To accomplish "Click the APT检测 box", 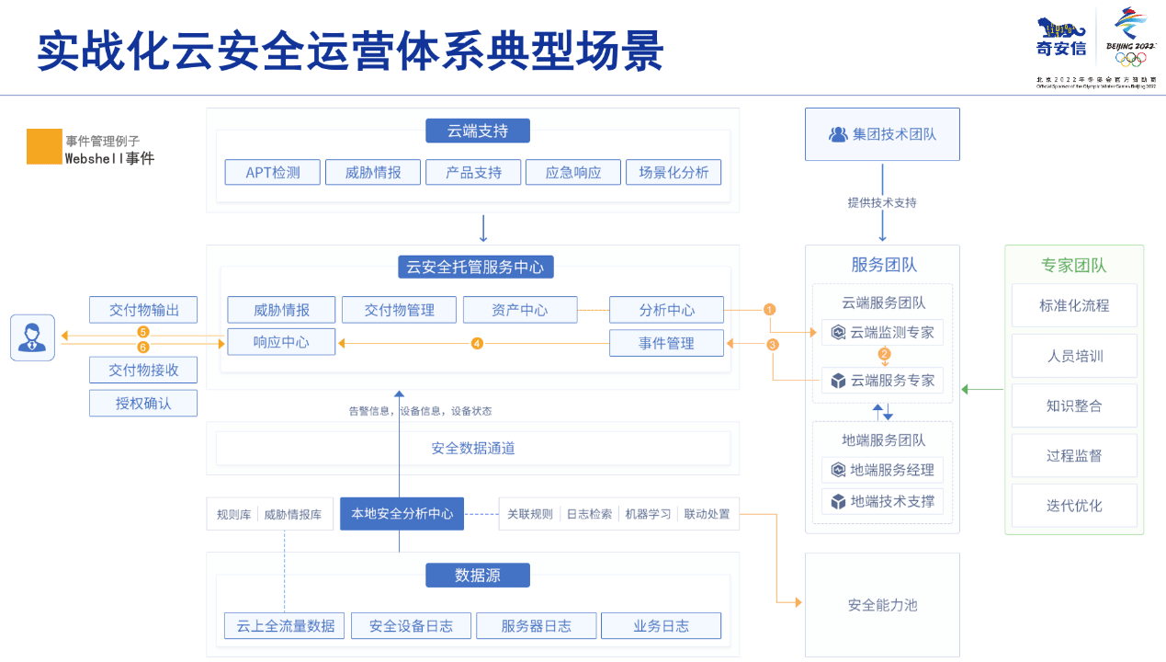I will pyautogui.click(x=273, y=172).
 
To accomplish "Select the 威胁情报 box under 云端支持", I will pyautogui.click(x=373, y=172).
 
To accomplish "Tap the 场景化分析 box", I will pyautogui.click(x=674, y=172).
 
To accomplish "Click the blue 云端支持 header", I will pyautogui.click(x=478, y=131).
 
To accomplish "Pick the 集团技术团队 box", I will pyautogui.click(x=882, y=134).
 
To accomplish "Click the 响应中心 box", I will pyautogui.click(x=281, y=342).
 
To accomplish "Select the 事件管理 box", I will pyautogui.click(x=666, y=343).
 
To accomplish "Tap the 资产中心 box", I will pyautogui.click(x=520, y=310).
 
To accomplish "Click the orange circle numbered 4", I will pyautogui.click(x=477, y=343).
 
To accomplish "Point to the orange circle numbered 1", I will pyautogui.click(x=770, y=310).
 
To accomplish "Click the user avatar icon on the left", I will pyautogui.click(x=32, y=337).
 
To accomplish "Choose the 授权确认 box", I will pyautogui.click(x=143, y=403).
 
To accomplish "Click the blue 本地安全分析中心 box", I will pyautogui.click(x=402, y=514).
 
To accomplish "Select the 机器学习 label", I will pyautogui.click(x=648, y=514).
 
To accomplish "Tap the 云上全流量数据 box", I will pyautogui.click(x=285, y=626).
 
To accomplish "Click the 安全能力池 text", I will pyautogui.click(x=882, y=605).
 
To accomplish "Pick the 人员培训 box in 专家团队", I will pyautogui.click(x=1074, y=356).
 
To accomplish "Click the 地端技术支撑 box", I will pyautogui.click(x=882, y=501).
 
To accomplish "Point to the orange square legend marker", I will pyautogui.click(x=44, y=147).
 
